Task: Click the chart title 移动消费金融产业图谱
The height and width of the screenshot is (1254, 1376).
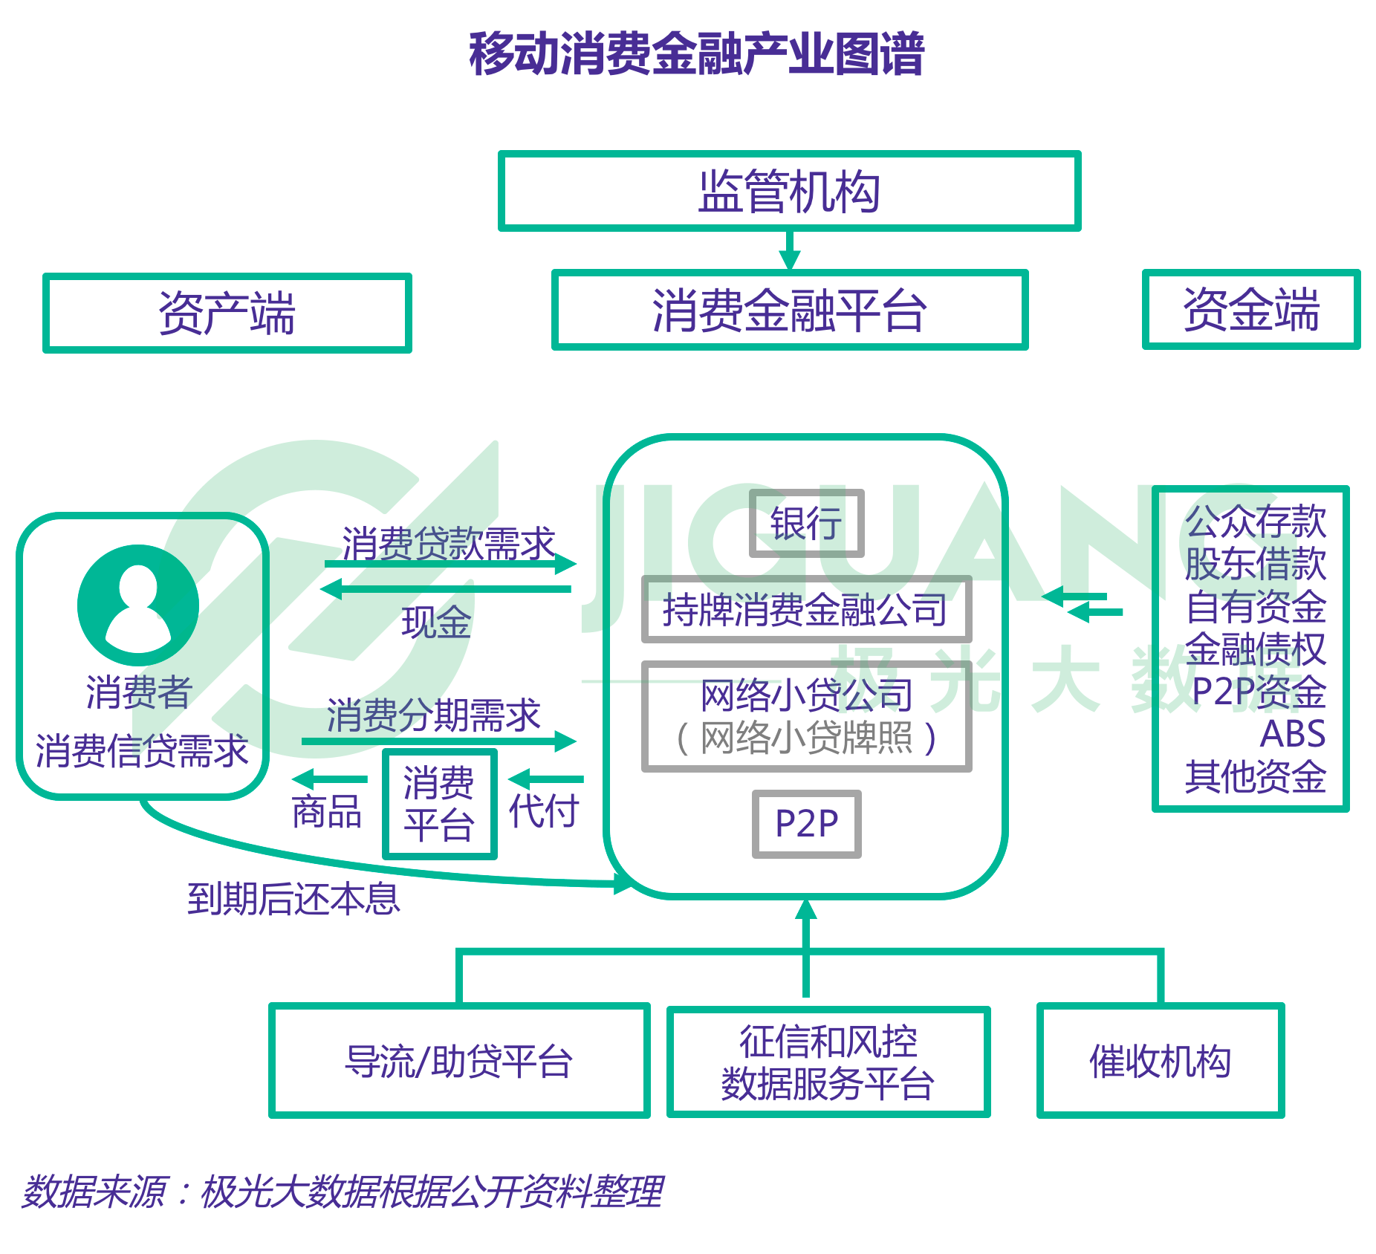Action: [x=696, y=53]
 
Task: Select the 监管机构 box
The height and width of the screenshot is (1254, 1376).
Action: [x=789, y=192]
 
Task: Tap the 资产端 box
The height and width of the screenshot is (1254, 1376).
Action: [x=227, y=313]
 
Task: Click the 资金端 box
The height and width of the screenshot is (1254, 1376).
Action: [x=1251, y=309]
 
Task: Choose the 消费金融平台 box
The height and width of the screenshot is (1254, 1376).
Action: [x=789, y=310]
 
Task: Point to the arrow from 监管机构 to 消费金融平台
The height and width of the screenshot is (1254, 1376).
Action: [x=789, y=251]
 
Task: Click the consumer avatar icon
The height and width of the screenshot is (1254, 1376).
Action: [x=138, y=605]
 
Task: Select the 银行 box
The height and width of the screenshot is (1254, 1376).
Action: [x=806, y=523]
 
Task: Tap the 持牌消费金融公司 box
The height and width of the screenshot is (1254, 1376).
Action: [x=806, y=609]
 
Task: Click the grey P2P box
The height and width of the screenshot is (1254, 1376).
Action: [x=806, y=823]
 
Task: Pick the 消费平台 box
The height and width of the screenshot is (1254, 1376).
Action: [x=439, y=804]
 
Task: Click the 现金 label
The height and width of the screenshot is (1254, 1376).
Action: [x=436, y=623]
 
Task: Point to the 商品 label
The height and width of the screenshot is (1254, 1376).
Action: [x=326, y=811]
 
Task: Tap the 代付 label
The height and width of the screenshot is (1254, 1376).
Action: [x=543, y=810]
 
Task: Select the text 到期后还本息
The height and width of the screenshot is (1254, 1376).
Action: [x=293, y=899]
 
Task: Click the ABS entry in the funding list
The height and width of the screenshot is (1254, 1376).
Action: [x=1292, y=734]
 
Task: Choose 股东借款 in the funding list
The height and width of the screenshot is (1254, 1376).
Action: [x=1255, y=563]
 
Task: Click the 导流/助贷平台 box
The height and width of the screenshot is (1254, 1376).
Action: [x=458, y=1061]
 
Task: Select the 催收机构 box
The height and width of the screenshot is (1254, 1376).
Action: [x=1160, y=1061]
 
